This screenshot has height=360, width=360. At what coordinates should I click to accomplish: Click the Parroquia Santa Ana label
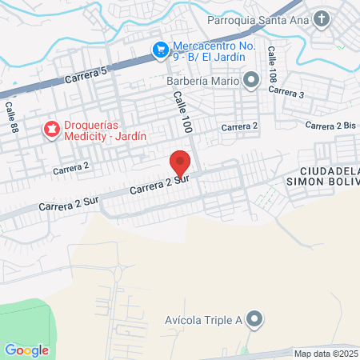pos(257,18)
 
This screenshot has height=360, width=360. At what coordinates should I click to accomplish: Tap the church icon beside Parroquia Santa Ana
pos(322,18)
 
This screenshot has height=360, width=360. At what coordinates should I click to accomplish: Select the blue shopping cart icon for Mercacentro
pos(160,50)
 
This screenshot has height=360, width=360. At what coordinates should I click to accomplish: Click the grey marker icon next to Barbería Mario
pos(252,80)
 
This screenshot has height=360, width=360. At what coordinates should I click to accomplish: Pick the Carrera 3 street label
pos(286,93)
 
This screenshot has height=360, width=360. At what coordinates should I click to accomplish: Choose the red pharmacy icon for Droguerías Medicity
pos(51,128)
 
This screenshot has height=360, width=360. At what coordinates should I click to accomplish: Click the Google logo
pos(26,350)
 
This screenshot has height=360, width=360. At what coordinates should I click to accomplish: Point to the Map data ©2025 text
pos(326,354)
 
